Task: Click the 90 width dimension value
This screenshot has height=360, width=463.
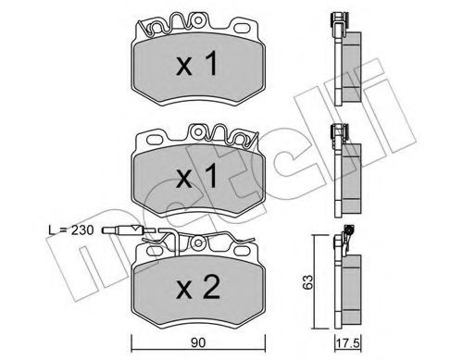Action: coord(198,343)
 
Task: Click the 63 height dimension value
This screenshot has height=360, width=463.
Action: coord(307,282)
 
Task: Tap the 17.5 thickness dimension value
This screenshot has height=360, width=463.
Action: coord(348,344)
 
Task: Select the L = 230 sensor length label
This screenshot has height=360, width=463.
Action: coord(70,230)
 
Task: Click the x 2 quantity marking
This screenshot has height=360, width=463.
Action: coord(198,288)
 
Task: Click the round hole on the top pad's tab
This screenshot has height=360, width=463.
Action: coord(197,20)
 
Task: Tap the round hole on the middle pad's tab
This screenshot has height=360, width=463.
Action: coord(197,132)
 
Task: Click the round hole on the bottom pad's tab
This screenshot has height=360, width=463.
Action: coord(197,243)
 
